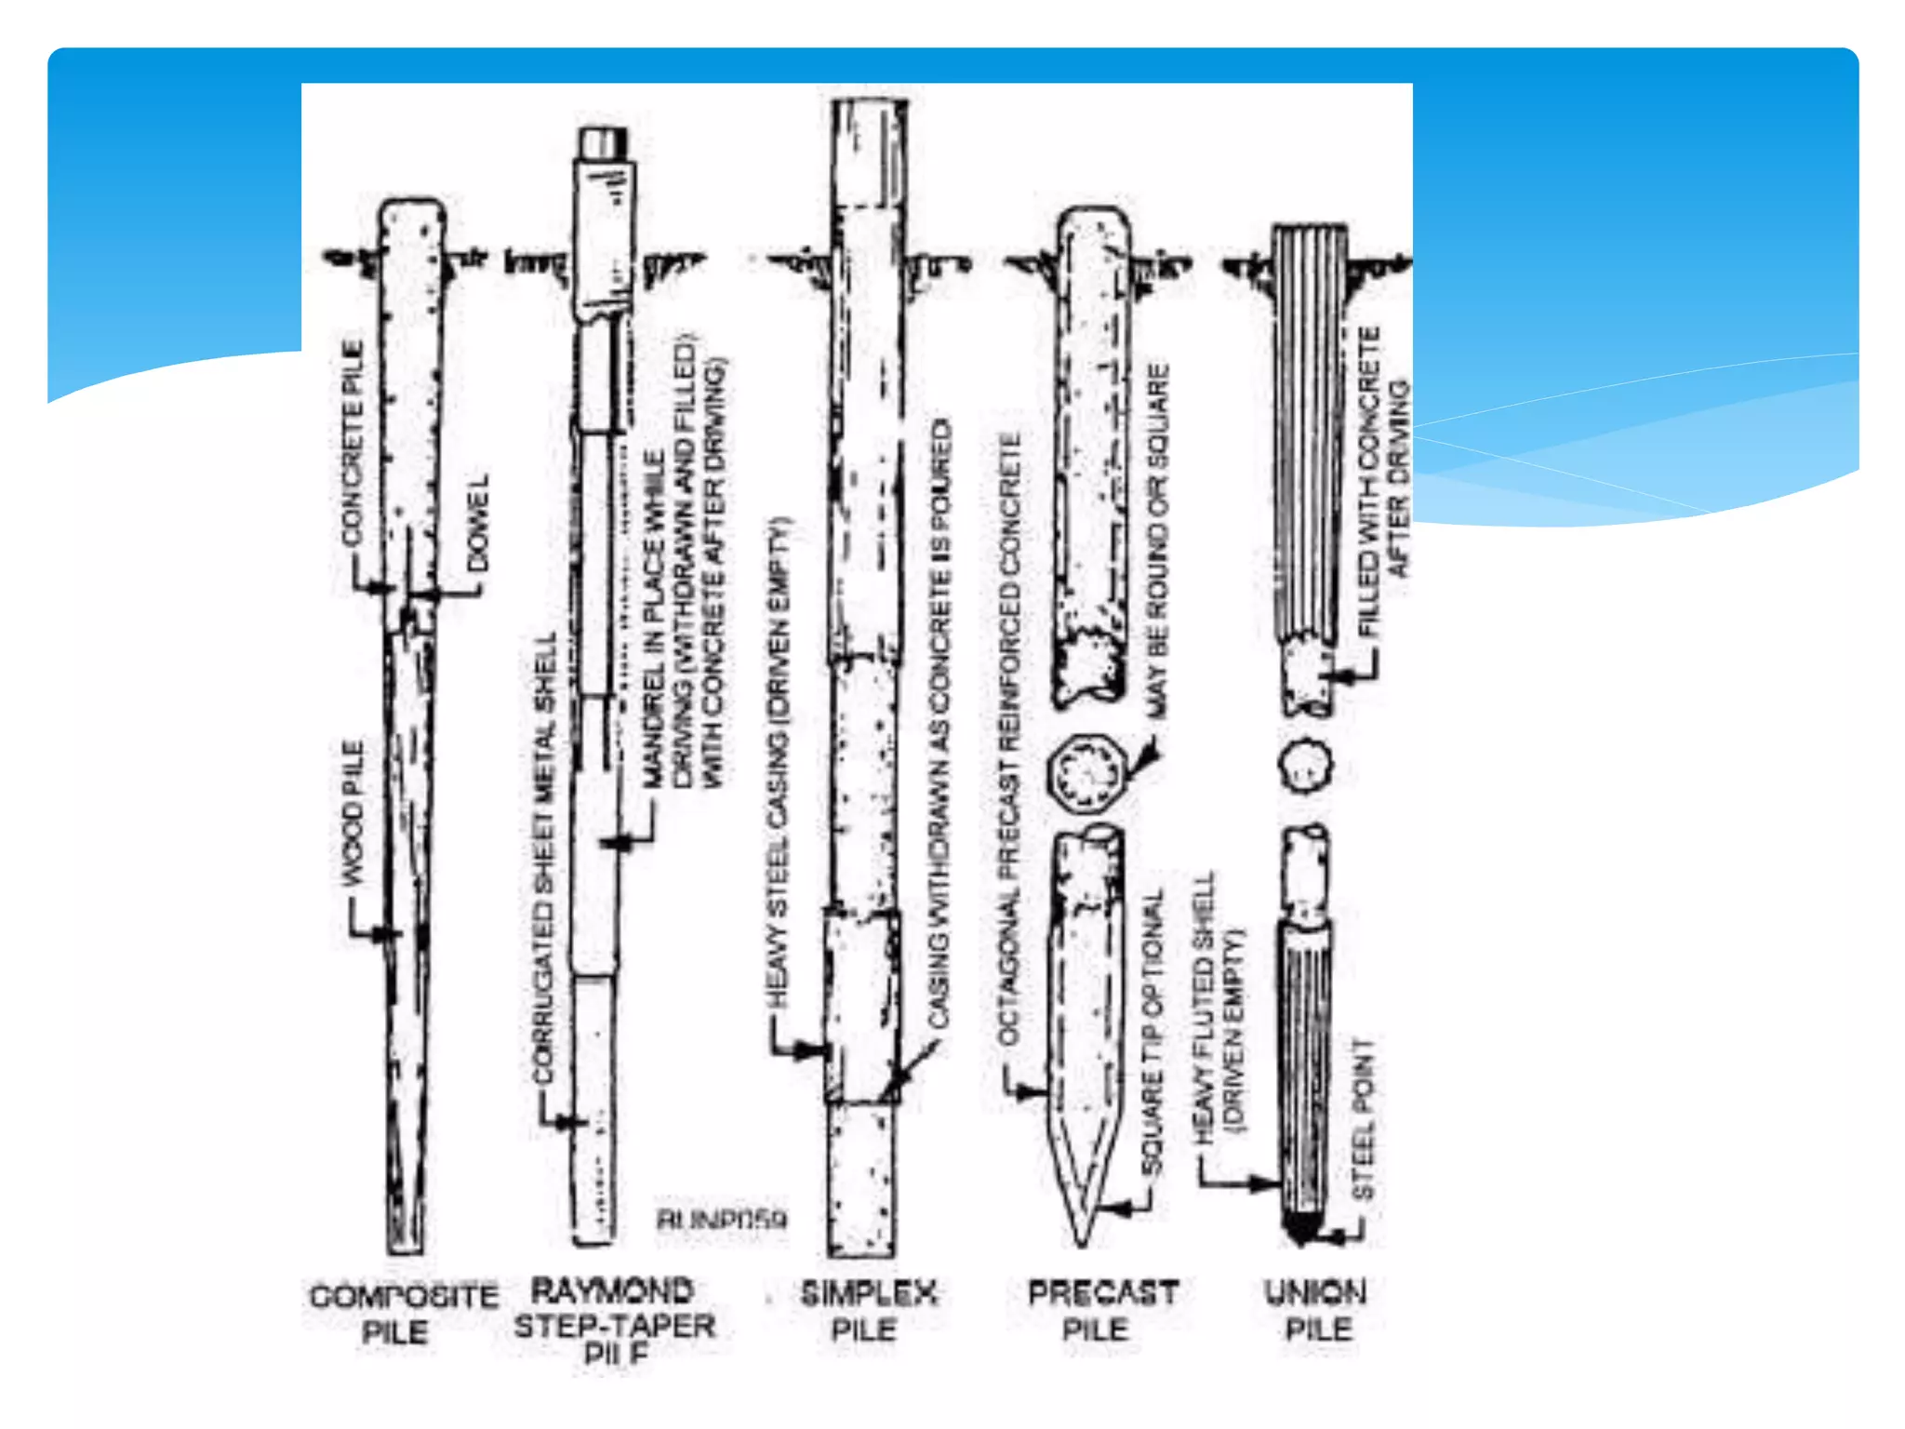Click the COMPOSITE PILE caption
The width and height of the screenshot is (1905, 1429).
402,1313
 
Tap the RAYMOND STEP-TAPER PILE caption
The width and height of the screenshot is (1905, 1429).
614,1322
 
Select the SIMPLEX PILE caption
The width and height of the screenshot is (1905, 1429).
867,1311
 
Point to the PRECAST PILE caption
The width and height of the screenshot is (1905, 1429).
1102,1311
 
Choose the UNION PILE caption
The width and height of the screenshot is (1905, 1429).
1316,1310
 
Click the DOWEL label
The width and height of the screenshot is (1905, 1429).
477,524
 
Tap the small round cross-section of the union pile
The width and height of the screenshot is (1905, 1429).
1305,766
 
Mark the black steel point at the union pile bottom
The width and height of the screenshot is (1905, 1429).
1302,1228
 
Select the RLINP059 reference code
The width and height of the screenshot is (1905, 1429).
722,1219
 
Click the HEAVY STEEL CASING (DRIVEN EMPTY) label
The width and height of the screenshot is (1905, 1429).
778,763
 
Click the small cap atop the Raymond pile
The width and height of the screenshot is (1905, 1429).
603,144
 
